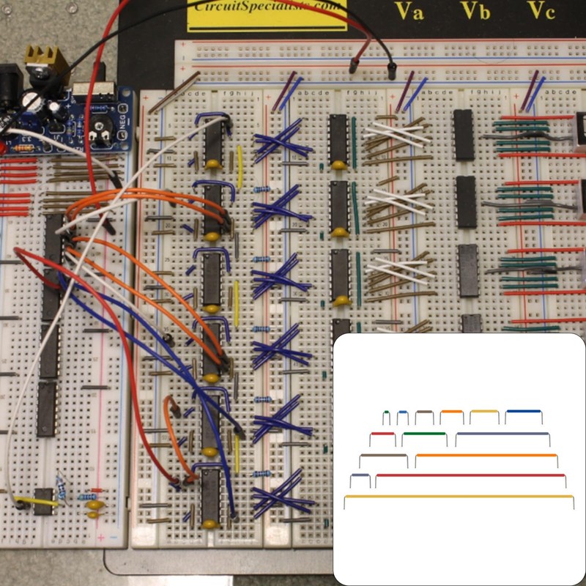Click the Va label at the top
tap(409, 11)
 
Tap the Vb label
tap(475, 11)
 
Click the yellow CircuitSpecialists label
tap(267, 13)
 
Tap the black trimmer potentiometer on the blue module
tap(98, 133)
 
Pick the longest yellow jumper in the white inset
tap(459, 497)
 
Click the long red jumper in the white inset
tap(470, 475)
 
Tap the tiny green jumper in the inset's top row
tap(386, 413)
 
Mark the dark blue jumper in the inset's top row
tap(523, 412)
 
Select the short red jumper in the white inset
tap(382, 434)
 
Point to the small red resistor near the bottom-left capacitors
tap(95, 491)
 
